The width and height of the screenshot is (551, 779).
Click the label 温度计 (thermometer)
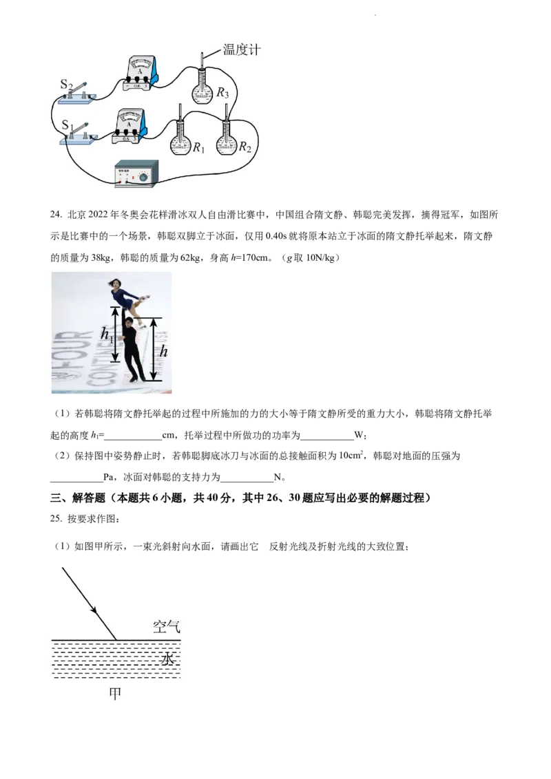coord(242,50)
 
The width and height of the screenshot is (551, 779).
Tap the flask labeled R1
coord(180,140)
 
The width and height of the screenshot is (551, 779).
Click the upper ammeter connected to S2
coord(142,74)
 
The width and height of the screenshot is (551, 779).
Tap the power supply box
coord(136,173)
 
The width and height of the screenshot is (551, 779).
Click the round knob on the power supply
coord(143,178)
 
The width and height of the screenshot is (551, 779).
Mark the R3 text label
coord(222,94)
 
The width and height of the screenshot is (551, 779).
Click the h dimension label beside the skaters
coord(163,351)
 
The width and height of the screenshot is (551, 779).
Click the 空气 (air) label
coord(166,627)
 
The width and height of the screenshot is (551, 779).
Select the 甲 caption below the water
coord(115,693)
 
